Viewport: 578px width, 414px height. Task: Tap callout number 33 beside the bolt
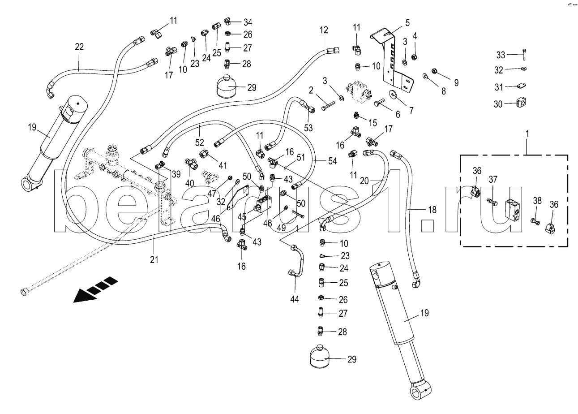[x=501, y=55]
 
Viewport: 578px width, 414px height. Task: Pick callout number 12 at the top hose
[x=324, y=30]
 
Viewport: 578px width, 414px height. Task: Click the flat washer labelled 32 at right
[x=524, y=69]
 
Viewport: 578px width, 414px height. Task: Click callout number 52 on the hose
[x=199, y=142]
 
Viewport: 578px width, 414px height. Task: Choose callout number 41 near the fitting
[x=223, y=165]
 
